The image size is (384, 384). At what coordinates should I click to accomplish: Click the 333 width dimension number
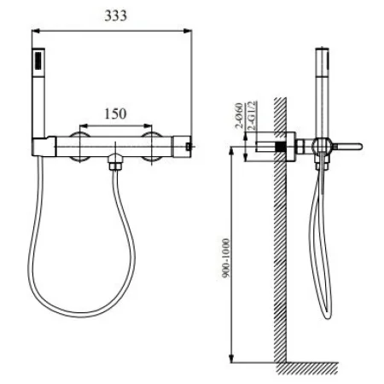click(111, 18)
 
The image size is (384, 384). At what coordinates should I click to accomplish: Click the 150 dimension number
click(117, 113)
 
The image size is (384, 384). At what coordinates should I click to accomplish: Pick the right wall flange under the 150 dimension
click(151, 147)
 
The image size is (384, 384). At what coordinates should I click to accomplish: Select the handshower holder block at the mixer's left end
click(44, 146)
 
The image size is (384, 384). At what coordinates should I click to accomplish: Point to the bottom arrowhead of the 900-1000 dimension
click(232, 357)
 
